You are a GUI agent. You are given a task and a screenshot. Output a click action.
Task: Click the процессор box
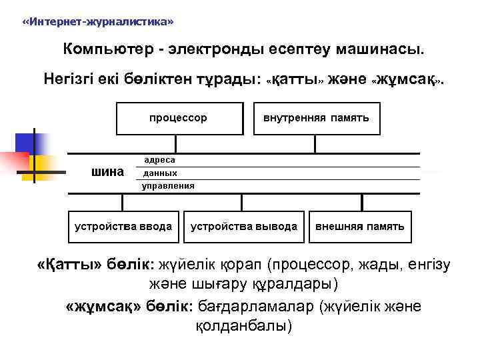click(x=177, y=119)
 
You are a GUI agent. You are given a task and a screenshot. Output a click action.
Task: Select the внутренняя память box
click(x=316, y=119)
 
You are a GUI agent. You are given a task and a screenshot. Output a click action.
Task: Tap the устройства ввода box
click(x=123, y=227)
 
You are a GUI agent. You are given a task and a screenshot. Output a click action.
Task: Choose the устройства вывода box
click(x=244, y=227)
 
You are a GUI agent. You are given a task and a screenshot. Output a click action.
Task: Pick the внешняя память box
click(x=359, y=227)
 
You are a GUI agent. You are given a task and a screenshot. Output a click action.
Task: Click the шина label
click(x=107, y=172)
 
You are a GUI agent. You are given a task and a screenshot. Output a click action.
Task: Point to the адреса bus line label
click(x=160, y=160)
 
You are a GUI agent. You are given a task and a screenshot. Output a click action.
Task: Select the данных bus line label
click(x=161, y=173)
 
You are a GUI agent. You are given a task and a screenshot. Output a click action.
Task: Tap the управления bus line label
click(x=168, y=185)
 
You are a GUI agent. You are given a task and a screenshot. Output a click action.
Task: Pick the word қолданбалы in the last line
click(x=243, y=327)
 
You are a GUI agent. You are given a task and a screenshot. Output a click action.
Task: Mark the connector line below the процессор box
click(x=177, y=145)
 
